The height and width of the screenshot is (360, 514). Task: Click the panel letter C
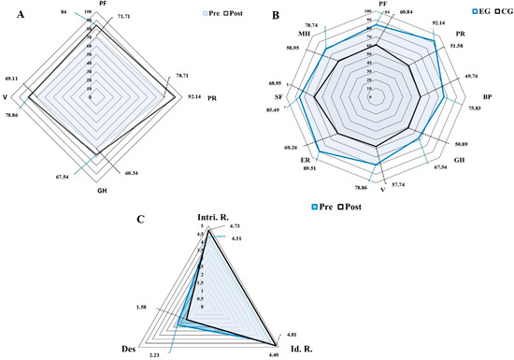pyautogui.click(x=139, y=220)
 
